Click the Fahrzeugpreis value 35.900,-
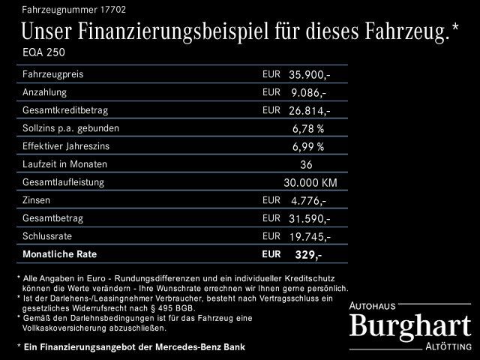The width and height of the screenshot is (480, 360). [309, 75]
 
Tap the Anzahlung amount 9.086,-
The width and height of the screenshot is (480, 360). [309, 93]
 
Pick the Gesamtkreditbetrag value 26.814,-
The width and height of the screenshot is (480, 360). [309, 111]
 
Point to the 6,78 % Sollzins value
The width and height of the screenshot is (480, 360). [308, 128]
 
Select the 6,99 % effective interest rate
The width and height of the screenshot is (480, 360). [308, 146]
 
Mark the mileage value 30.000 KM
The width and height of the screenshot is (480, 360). [309, 182]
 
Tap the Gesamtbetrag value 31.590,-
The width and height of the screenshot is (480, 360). [309, 218]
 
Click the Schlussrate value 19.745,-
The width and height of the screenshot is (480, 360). [309, 236]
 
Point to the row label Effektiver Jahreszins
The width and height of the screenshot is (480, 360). [66, 146]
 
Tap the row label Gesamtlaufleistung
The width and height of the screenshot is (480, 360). [63, 182]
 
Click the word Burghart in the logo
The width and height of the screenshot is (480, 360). [410, 325]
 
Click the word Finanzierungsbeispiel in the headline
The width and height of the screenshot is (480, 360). [193, 32]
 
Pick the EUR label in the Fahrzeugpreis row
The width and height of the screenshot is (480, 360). [271, 75]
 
